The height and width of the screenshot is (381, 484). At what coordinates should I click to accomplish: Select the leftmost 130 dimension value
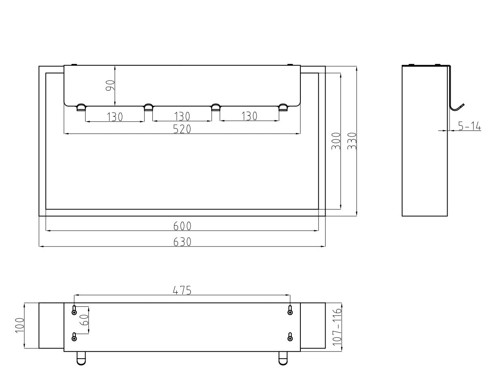coord(115,117)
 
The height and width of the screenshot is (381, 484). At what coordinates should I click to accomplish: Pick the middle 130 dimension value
coord(182,117)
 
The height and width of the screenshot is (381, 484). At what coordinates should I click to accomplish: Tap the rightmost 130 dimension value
coord(249,116)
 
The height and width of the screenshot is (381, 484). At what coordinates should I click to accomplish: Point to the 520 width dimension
coord(182,129)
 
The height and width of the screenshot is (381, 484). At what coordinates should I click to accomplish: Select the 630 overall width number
coord(182,242)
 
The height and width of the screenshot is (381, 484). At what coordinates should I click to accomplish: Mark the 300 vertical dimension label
coord(336,141)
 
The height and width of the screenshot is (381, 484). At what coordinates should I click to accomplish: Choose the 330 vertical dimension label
coord(351,141)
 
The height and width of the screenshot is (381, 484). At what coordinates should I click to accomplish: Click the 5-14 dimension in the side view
coord(469,126)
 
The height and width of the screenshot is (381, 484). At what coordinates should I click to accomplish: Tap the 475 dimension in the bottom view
coord(182,290)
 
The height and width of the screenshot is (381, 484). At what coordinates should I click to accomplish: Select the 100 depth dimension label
coord(19,325)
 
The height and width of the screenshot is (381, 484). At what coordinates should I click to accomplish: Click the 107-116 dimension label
coord(336,327)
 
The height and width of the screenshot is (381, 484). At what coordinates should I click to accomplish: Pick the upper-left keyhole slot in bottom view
coord(74,310)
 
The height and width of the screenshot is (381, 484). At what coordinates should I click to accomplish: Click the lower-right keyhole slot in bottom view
coord(290,337)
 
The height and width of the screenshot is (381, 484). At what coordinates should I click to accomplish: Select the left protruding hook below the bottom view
coord(81,358)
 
